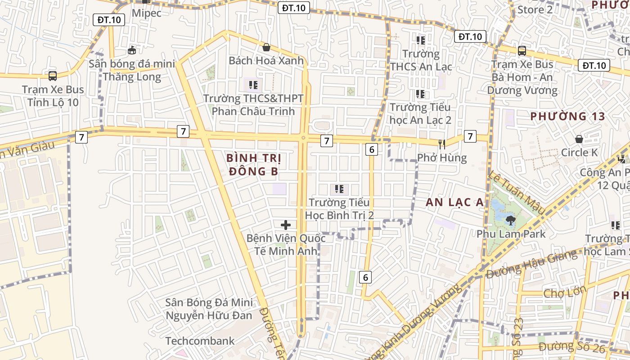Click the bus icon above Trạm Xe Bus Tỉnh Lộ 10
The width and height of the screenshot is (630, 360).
[x=53, y=76]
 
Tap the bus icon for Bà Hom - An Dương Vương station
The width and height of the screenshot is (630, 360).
[x=522, y=50]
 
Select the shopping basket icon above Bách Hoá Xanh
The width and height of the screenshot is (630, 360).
[x=266, y=47]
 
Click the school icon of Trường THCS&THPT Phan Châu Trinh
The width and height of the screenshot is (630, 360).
[x=253, y=84]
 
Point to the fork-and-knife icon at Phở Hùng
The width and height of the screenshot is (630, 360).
[x=442, y=144]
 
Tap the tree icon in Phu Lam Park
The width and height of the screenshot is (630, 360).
[x=510, y=220]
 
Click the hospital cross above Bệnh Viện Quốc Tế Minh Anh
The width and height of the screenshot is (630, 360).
[x=285, y=225]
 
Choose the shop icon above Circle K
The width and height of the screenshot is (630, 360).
[x=579, y=139]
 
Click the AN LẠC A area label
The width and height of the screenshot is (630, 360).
[x=454, y=202]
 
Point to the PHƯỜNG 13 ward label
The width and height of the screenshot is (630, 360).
[x=567, y=116]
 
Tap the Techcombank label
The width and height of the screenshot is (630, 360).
[x=200, y=341]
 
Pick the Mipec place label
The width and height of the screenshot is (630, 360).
[x=146, y=13]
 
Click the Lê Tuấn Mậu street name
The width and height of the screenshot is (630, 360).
[x=517, y=192]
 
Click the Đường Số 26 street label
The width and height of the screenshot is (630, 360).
[x=569, y=346]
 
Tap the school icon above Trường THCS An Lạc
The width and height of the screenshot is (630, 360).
[x=421, y=40]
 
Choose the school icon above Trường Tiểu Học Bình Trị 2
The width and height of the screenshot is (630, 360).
[x=339, y=189]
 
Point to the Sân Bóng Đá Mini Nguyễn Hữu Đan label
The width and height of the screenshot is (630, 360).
[x=209, y=309]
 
